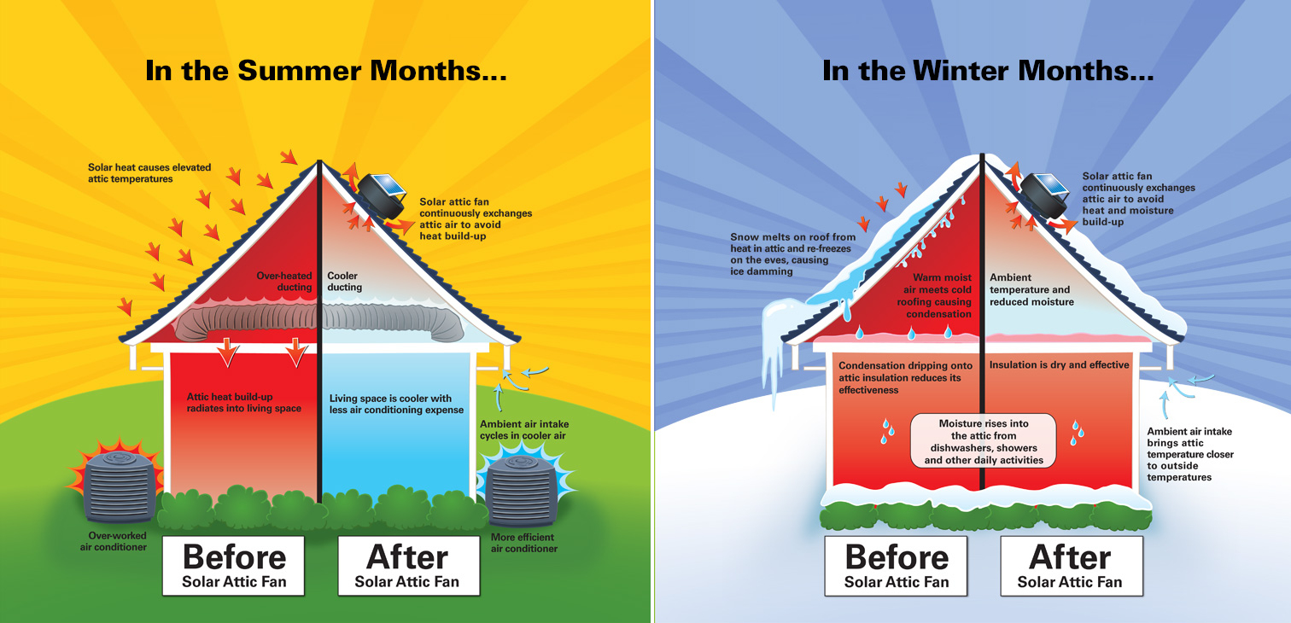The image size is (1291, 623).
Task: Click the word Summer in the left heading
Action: tap(299, 71)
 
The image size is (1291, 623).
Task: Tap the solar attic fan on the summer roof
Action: tap(382, 195)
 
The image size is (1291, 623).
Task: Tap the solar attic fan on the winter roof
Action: tap(1044, 196)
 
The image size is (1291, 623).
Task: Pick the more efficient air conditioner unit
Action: tap(522, 489)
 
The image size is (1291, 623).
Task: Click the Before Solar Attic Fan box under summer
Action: tap(233, 565)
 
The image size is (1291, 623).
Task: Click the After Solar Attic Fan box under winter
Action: tap(1072, 565)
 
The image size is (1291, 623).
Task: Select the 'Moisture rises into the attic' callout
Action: tap(984, 441)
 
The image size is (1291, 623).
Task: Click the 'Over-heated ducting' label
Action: tap(284, 282)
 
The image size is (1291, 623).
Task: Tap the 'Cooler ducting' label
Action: tap(345, 282)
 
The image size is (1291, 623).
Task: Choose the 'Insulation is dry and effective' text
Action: tap(1060, 364)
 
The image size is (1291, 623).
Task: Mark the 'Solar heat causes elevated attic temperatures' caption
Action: tap(149, 173)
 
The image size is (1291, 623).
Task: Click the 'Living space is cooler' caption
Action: tap(396, 404)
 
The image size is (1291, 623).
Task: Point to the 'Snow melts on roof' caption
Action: tap(793, 254)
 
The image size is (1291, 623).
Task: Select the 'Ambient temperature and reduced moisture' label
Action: tap(1031, 289)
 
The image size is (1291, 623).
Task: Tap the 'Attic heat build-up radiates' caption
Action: tap(244, 402)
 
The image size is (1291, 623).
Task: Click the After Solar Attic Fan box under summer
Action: tap(409, 565)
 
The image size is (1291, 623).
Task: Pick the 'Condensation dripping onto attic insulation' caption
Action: tap(905, 377)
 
